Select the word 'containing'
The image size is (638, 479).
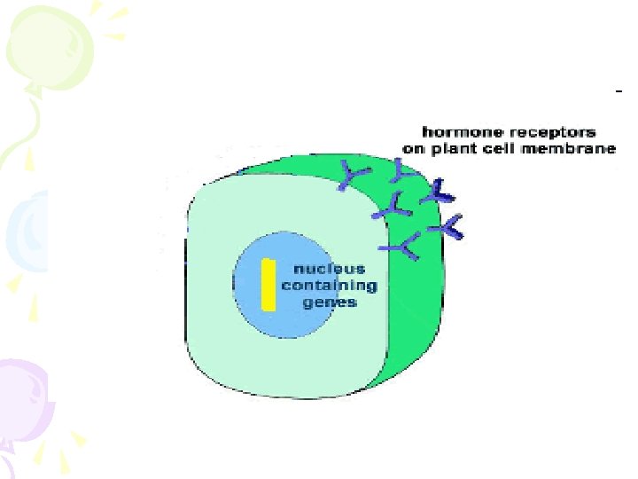pos(329,286)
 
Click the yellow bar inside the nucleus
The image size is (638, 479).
pos(268,284)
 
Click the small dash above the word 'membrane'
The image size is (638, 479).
pos(619,90)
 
